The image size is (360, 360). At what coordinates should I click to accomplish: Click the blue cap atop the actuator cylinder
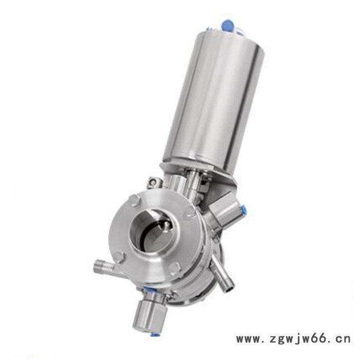click(x=227, y=25)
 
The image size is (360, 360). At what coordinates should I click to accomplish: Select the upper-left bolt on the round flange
click(x=135, y=199)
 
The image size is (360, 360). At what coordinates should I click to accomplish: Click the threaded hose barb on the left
click(x=104, y=266)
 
